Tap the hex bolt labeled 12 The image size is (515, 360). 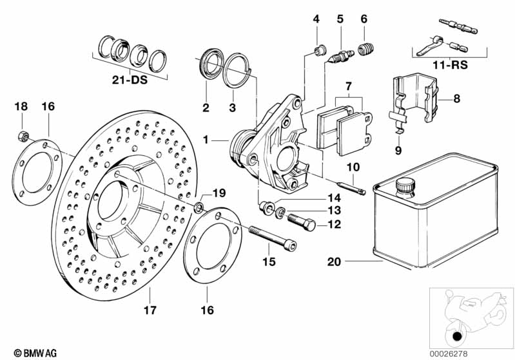click(x=300, y=223)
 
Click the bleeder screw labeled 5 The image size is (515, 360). click(x=340, y=55)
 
